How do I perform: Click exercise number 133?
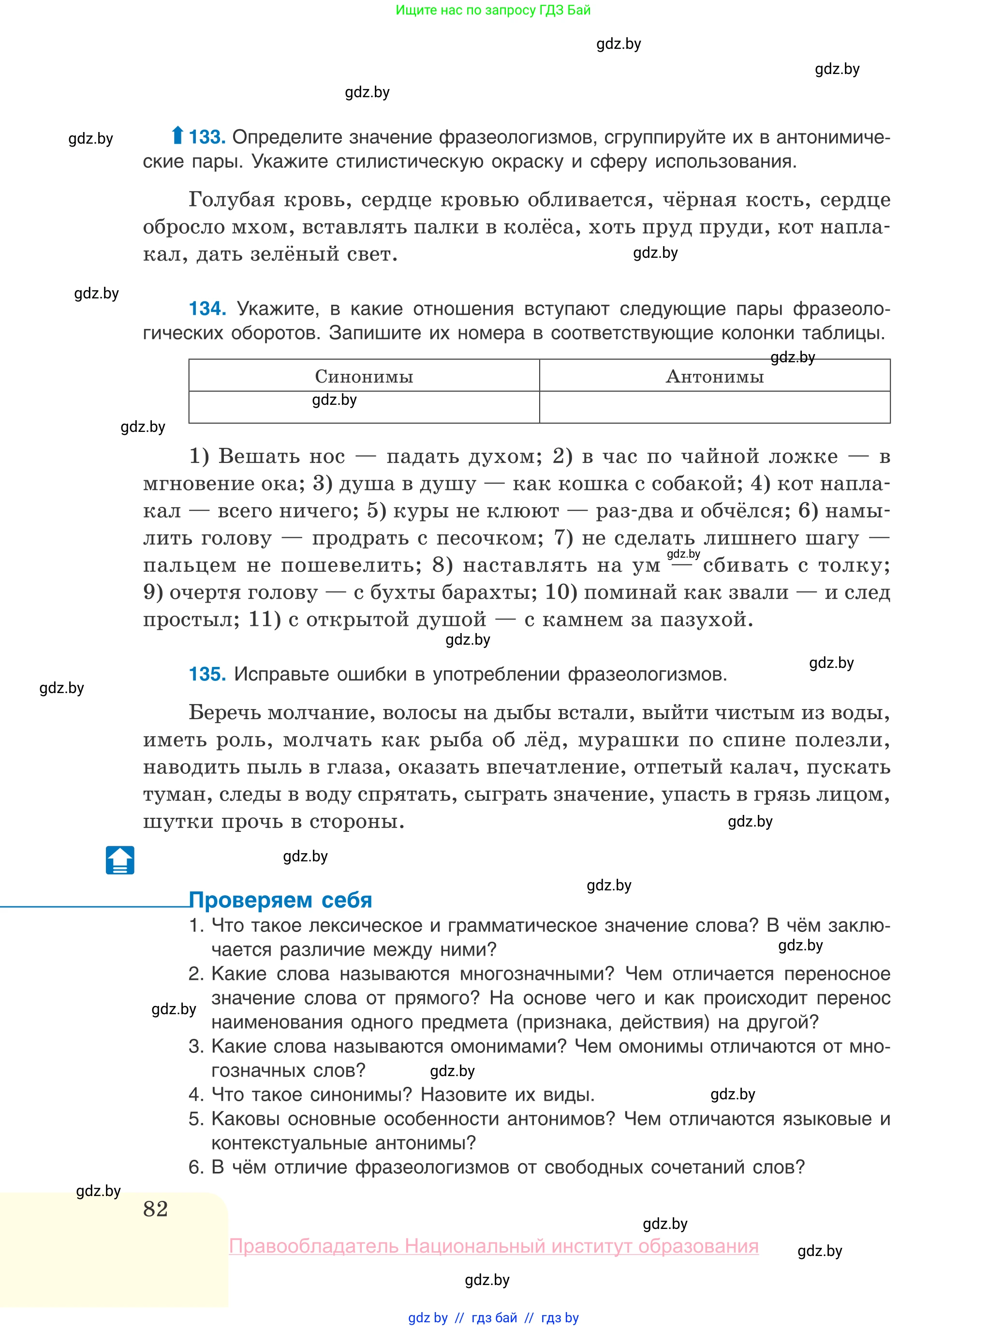tap(207, 137)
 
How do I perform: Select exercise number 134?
tap(207, 309)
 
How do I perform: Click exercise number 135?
tap(207, 674)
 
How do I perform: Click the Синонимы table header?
tap(364, 376)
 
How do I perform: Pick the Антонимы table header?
tap(714, 376)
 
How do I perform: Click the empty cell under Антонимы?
tap(714, 407)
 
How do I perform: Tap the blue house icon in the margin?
tap(120, 860)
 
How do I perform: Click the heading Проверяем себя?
tap(280, 900)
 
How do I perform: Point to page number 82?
tap(156, 1209)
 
